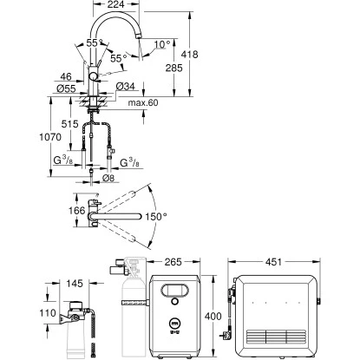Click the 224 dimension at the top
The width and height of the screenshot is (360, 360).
point(115,4)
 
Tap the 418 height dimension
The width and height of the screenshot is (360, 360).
point(189,55)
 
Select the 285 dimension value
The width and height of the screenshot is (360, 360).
point(173,68)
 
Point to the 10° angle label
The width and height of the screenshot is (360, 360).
point(162,44)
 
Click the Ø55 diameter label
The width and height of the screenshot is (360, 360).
point(66,88)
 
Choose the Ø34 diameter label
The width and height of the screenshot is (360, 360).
point(126,86)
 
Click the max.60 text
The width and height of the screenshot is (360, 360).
point(143,102)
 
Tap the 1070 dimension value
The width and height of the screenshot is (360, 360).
point(50,137)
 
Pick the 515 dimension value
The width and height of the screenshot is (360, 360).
point(69,124)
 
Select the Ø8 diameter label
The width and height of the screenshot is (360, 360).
point(108,178)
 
